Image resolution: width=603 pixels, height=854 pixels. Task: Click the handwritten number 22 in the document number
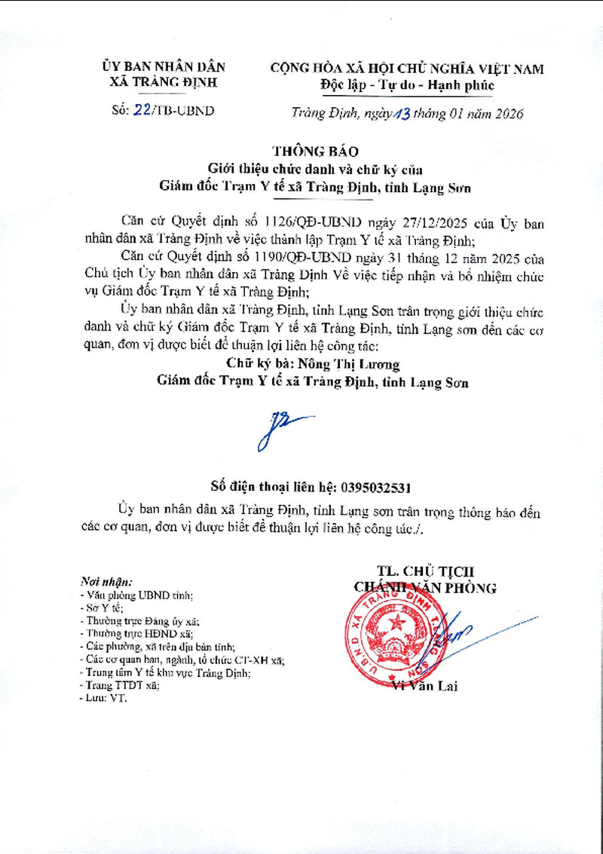tap(141, 110)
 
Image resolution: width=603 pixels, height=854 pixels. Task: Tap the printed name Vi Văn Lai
tap(425, 686)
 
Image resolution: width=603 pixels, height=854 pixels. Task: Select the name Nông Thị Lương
tap(347, 364)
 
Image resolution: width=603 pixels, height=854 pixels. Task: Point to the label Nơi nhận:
tap(106, 583)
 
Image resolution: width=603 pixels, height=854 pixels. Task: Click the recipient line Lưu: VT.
tap(103, 699)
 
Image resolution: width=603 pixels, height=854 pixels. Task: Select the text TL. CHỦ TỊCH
tap(426, 571)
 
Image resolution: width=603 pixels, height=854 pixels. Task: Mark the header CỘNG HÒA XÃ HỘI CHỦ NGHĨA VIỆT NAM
tap(407, 69)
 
